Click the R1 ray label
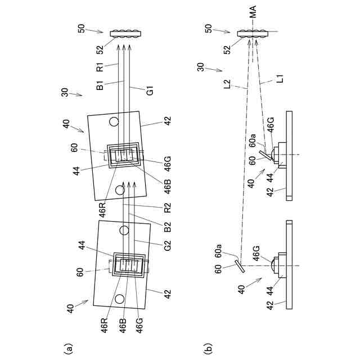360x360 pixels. click(99, 69)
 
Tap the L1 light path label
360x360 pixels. click(280, 81)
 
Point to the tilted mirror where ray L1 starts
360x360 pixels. click(264, 154)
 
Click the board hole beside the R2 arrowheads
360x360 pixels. click(120, 190)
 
